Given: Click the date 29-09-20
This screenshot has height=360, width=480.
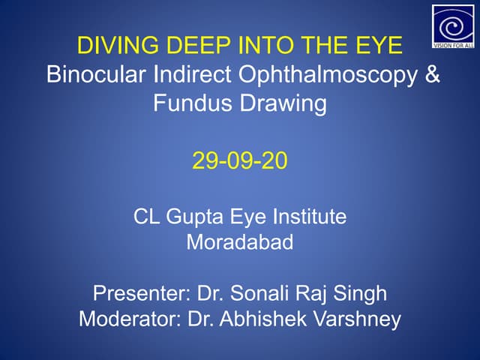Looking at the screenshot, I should [239, 160].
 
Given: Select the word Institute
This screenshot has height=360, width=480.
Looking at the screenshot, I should [307, 217].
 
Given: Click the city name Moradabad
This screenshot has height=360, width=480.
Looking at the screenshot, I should [239, 242].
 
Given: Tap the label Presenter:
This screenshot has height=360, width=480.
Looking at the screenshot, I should [140, 292].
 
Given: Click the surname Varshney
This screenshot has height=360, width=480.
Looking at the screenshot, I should [359, 319].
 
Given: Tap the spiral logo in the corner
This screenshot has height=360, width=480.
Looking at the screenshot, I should [453, 25].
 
